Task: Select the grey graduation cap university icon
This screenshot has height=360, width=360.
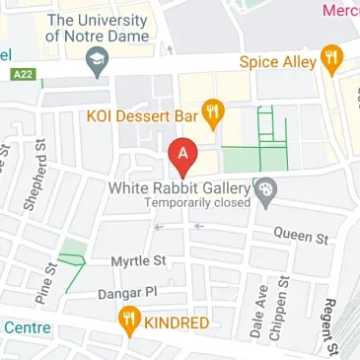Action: pos(96,65)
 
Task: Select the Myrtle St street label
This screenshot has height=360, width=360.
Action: pos(139,261)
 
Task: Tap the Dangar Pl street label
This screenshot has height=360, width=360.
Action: pos(127,293)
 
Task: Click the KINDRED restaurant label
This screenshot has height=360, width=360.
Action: pos(176,323)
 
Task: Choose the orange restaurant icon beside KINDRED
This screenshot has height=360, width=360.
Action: pos(128,321)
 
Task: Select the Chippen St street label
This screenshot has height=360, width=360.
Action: pos(281,308)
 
